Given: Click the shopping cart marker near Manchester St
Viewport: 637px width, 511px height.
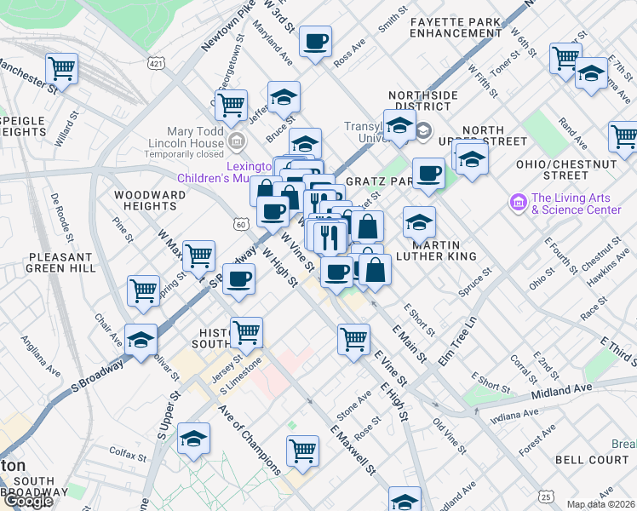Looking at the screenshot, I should (x=62, y=68).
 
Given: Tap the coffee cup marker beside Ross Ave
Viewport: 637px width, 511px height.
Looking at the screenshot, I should (x=315, y=42).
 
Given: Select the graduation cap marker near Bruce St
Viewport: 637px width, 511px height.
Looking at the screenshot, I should (x=284, y=96).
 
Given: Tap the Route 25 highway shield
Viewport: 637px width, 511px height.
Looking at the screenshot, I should (x=545, y=496).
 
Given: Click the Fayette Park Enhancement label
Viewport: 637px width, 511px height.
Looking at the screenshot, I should (x=455, y=26).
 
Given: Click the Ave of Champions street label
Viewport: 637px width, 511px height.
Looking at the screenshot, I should (x=249, y=438).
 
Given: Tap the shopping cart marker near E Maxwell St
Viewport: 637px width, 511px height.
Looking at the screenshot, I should (x=302, y=451).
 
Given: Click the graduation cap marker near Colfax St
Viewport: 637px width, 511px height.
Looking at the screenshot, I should (x=194, y=439).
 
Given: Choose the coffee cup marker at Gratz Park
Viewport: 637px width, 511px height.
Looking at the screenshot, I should (x=429, y=175).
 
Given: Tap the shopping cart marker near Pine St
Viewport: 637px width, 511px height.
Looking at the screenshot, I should (x=144, y=290).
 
